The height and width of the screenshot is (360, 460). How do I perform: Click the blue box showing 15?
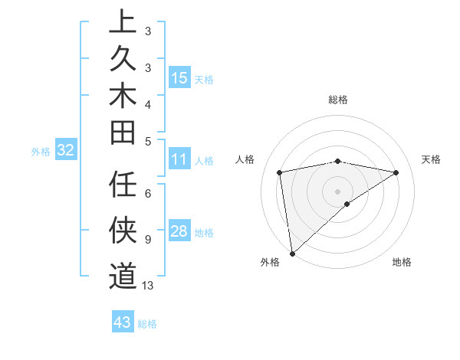pos(179,78)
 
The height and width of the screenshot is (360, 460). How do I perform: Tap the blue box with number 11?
pos(179,160)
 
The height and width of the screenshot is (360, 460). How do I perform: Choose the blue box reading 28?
pos(179,232)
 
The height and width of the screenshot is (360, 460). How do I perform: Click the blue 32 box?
pos(65,151)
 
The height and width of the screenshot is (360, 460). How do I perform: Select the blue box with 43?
pos(123,322)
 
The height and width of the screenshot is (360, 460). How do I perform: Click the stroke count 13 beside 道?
pos(148,286)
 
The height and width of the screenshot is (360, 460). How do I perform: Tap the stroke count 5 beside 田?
pos(147,141)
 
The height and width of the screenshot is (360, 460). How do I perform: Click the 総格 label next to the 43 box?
pos(147,324)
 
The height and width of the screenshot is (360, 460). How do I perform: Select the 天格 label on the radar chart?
pos(431,159)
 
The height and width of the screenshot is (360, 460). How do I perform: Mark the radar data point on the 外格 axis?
pos(292,253)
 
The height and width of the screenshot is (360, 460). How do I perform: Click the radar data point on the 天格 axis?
pos(396,173)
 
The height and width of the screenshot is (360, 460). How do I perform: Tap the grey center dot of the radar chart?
pos(337,191)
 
